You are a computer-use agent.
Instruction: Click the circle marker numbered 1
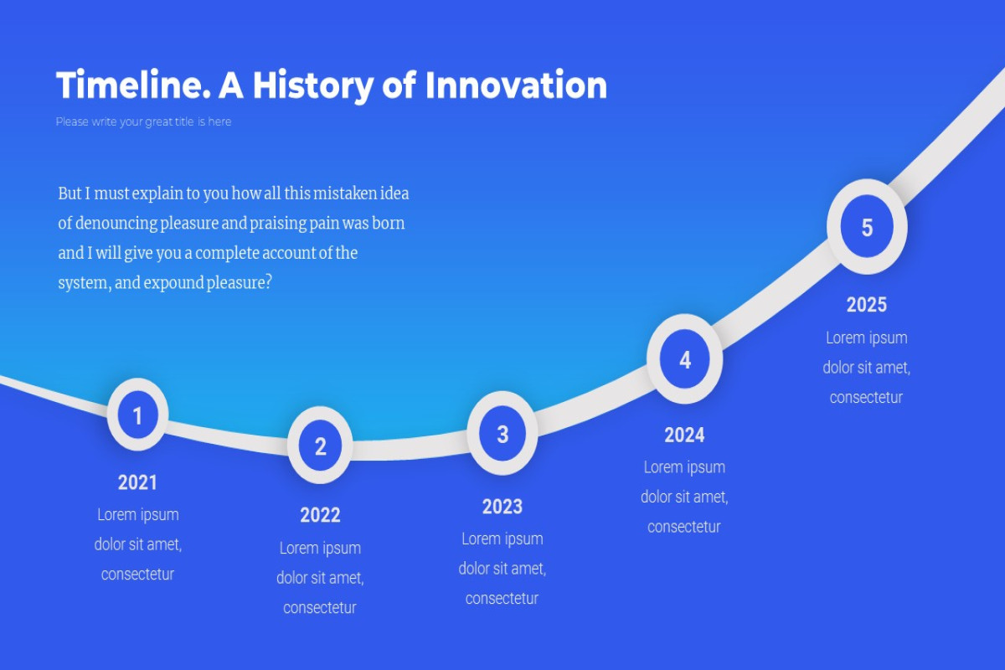(137, 415)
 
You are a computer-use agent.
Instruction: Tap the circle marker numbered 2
(320, 446)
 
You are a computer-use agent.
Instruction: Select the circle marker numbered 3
(502, 434)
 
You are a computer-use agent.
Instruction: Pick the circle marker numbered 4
(685, 359)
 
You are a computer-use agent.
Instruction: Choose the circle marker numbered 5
(867, 227)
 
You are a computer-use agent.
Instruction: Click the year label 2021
(137, 483)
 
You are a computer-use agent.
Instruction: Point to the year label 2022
(320, 515)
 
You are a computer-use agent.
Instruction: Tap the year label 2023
(502, 507)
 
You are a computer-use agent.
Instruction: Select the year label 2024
(685, 435)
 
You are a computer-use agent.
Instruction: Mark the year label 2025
(867, 305)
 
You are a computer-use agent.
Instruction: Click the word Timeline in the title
(133, 85)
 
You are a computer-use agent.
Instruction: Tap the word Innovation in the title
(516, 85)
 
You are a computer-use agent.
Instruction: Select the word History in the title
(313, 87)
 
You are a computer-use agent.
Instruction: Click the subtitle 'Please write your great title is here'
(143, 121)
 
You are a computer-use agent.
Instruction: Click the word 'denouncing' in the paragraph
(116, 224)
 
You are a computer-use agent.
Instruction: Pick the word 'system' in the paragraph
(85, 283)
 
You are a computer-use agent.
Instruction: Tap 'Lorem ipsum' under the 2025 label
(867, 338)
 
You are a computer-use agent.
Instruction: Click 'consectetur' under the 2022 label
(320, 608)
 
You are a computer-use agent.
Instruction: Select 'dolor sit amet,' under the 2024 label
(685, 497)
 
